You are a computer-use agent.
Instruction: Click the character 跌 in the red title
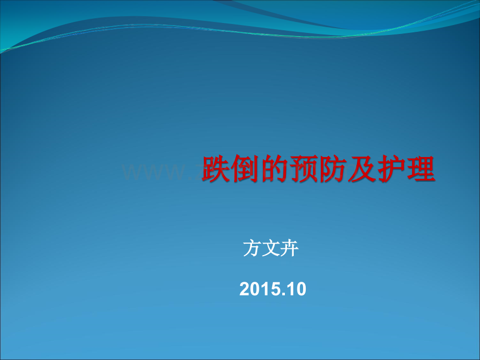pyautogui.click(x=217, y=169)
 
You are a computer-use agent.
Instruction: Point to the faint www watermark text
pyautogui.click(x=151, y=172)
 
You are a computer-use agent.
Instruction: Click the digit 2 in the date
pyautogui.click(x=245, y=289)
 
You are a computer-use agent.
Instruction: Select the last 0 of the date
pyautogui.click(x=301, y=289)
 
